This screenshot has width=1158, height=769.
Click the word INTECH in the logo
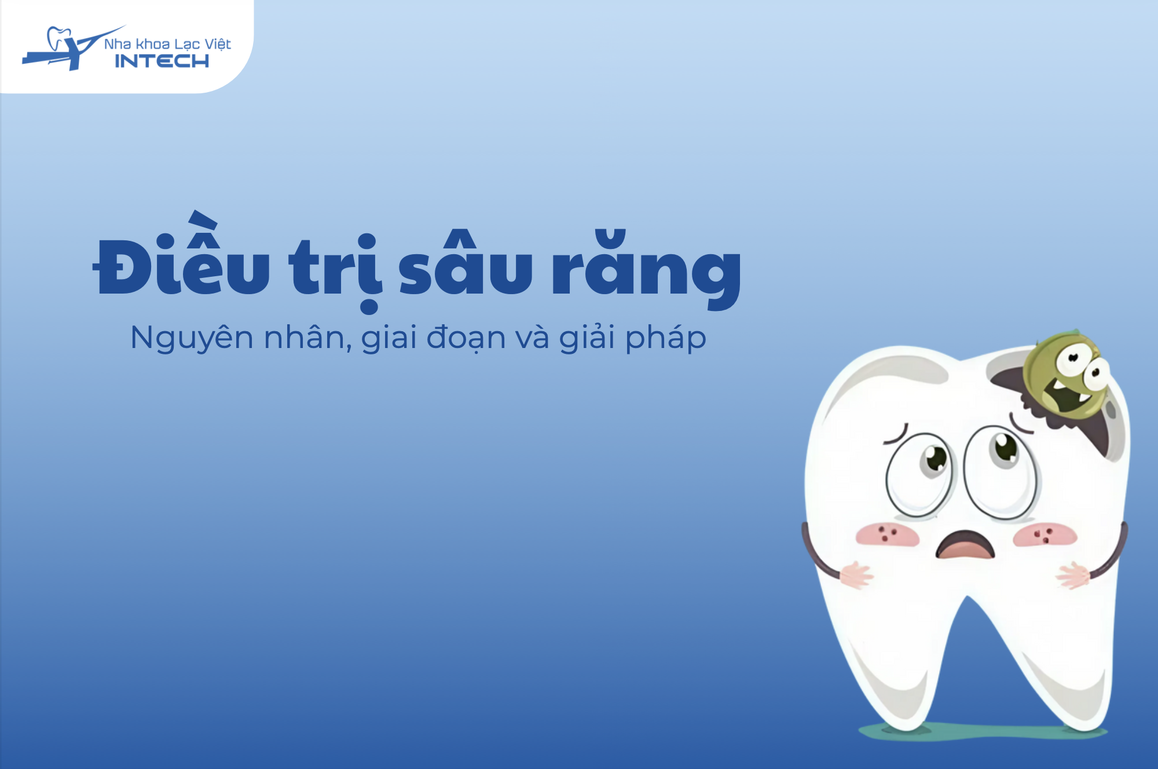click(162, 61)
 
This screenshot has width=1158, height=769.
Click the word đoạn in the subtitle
click(466, 338)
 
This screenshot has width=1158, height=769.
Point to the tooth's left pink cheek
click(888, 534)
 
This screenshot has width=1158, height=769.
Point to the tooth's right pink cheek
click(1045, 534)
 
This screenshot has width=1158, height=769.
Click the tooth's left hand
click(856, 575)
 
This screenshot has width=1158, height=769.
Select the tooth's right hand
click(1073, 576)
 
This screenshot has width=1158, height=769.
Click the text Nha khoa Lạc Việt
click(167, 44)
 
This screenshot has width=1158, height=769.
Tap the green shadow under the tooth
click(983, 731)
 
